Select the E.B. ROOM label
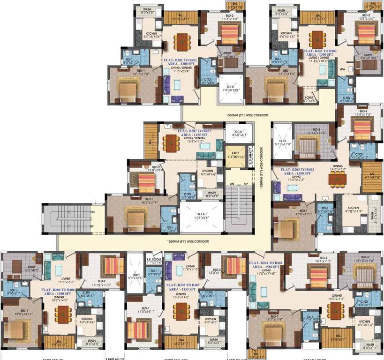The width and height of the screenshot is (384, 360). click(141, 258)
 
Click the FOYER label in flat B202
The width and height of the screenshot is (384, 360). click(309, 97)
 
